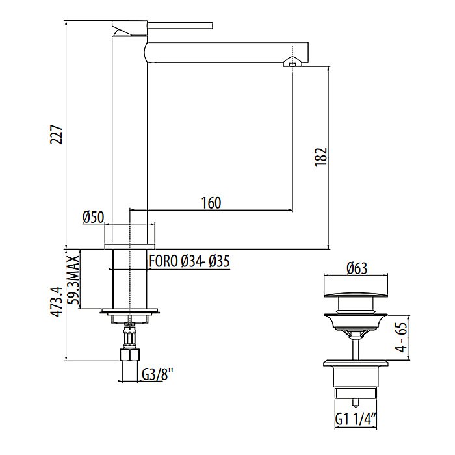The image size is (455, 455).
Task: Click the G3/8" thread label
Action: pos(157,374)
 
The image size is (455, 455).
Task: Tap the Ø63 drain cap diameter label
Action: pos(357,267)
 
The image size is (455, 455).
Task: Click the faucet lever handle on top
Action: pos(162,25)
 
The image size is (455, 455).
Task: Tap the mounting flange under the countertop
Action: pos(131,311)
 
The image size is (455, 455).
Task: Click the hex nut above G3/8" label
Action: pos(131,356)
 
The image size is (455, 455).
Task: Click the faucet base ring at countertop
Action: pos(131,235)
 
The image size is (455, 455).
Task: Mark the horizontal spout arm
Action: pos(221,53)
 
